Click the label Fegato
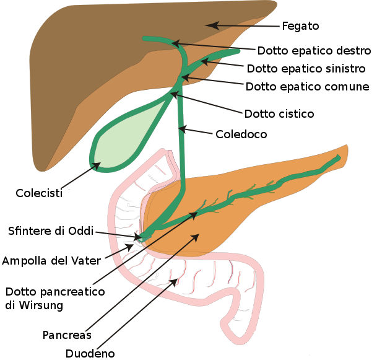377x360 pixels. [300, 26]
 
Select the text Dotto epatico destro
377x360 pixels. [314, 51]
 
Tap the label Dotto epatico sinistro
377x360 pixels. [306, 69]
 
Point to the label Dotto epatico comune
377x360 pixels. [307, 87]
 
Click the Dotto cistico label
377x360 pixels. [279, 114]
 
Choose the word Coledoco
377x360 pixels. [241, 134]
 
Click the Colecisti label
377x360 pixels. [39, 193]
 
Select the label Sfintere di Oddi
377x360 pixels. [51, 231]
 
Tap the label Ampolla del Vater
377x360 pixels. [51, 261]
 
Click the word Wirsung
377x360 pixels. [41, 305]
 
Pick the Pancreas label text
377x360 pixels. [67, 335]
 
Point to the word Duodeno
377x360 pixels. [90, 354]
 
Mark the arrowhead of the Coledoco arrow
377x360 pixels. [183, 129]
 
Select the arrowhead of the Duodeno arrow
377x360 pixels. [175, 282]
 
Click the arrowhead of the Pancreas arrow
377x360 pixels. [195, 237]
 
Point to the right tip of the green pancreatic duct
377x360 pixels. [339, 157]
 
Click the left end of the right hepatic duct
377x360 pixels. [144, 38]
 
